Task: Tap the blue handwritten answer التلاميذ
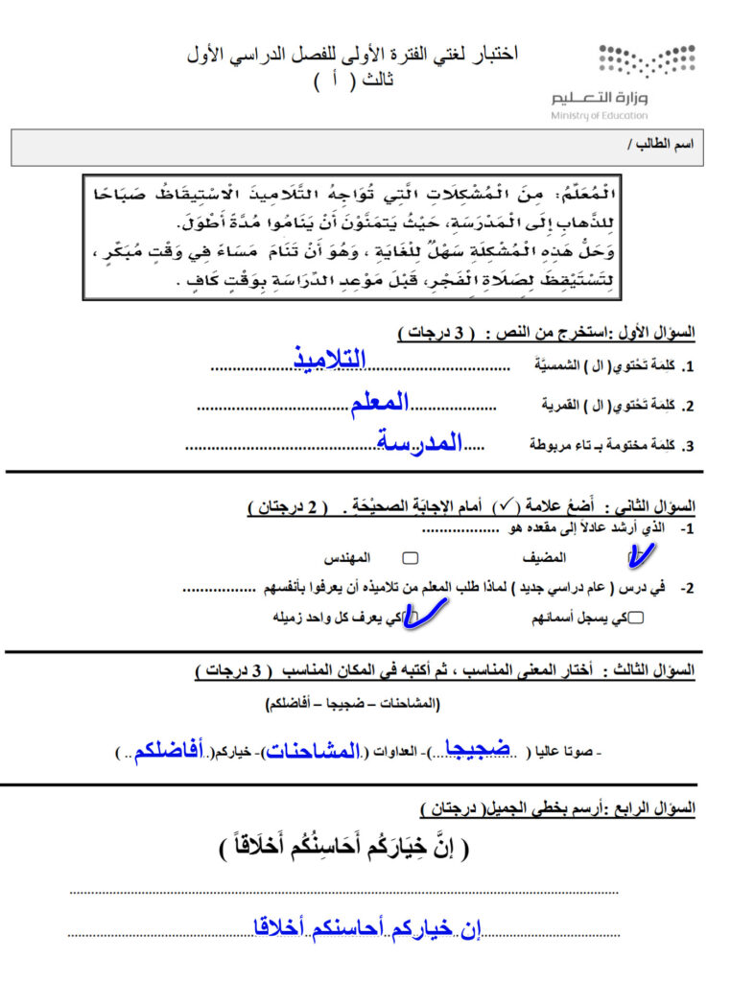tap(330, 360)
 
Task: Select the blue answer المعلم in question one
tap(380, 404)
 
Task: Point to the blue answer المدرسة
tap(420, 443)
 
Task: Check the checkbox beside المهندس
tap(411, 557)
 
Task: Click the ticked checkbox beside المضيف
tap(633, 556)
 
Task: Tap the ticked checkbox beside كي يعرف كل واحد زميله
tap(415, 618)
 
